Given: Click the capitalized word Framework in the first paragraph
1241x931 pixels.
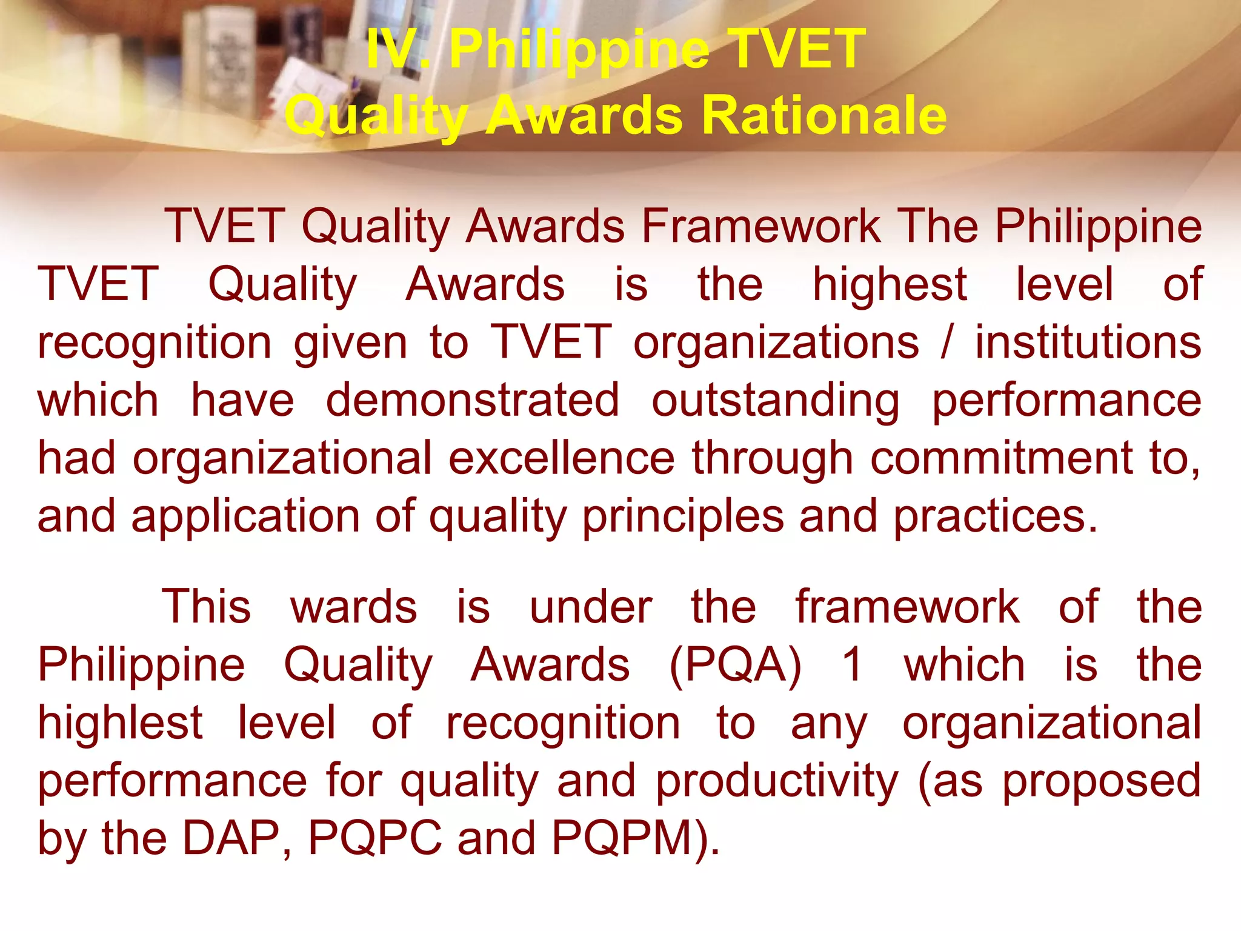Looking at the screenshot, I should click(761, 226).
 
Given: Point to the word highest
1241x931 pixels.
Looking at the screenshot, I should click(889, 284).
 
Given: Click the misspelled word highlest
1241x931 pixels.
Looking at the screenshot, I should click(120, 722).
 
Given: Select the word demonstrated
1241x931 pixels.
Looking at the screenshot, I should click(473, 400).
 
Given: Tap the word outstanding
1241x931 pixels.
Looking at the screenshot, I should click(776, 401).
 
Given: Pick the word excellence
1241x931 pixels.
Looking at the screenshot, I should click(562, 458).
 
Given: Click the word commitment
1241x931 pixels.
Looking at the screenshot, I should click(1002, 458).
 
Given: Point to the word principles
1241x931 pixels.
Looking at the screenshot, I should click(683, 516).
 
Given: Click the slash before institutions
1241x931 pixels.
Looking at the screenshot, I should click(947, 342).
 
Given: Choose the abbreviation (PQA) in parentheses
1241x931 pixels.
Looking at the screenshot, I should click(735, 665).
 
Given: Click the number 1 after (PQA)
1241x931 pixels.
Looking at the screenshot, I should click(853, 665).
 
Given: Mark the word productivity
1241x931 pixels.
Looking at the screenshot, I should click(777, 781).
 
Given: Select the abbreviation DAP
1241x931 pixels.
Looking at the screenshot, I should click(231, 838).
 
